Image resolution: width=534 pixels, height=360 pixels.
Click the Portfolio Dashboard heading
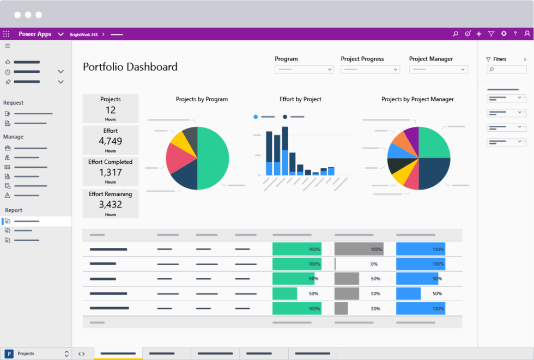point(130,67)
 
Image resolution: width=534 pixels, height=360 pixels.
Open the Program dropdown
point(304,70)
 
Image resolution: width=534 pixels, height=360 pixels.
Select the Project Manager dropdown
point(438,70)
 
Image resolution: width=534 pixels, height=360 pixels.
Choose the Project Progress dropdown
point(370,70)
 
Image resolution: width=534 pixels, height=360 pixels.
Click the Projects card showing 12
point(111,109)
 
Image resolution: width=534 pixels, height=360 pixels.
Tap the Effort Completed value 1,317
point(111,172)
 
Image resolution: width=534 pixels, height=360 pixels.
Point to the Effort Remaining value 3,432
point(111,204)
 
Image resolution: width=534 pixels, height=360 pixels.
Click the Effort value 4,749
point(111,141)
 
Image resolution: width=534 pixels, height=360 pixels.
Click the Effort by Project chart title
point(300,99)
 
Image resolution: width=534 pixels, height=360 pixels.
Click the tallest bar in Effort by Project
point(284,151)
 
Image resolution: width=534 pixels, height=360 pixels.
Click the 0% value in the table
point(374,264)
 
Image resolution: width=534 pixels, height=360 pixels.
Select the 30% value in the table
point(375,308)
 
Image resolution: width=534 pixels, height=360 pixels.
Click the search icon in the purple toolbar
point(456,34)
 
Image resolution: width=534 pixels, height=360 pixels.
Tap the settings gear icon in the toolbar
point(503,34)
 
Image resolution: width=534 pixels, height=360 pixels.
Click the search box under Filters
point(506,70)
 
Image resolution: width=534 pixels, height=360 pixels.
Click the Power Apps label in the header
point(35,34)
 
